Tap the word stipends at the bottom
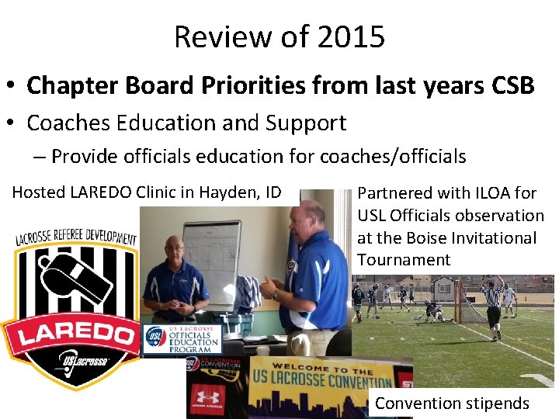pos(497,403)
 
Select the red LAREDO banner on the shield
pos(71,334)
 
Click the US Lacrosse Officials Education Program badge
pos(183,340)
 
